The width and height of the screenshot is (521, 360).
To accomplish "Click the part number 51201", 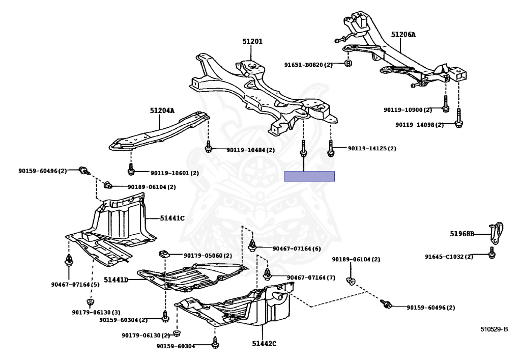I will tap(252, 41).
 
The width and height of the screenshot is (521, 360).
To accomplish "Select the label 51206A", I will tap(403, 35).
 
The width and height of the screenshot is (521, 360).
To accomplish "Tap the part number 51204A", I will tap(162, 110).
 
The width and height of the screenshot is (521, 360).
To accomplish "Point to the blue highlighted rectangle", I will tap(309, 176).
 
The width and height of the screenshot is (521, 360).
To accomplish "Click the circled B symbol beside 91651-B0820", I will tap(349, 64).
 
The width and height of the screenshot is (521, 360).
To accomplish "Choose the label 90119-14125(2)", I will tap(372, 149).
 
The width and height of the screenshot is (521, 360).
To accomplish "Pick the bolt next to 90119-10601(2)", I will tap(131, 169).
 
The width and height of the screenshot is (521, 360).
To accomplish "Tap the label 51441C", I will tap(172, 218).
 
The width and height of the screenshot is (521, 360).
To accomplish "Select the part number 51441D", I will tap(116, 280).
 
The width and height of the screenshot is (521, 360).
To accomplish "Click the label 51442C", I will tap(264, 344).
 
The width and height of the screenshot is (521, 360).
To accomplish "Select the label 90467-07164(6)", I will tap(296, 248).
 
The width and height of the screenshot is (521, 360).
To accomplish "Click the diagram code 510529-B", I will tap(494, 329).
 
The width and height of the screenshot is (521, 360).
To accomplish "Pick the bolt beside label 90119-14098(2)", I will tap(458, 120).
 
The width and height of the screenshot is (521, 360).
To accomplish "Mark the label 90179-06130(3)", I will tap(96, 312).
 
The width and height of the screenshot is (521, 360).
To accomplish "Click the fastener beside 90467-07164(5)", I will tap(69, 261).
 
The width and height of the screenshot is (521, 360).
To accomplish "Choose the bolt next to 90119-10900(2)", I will tap(445, 105).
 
